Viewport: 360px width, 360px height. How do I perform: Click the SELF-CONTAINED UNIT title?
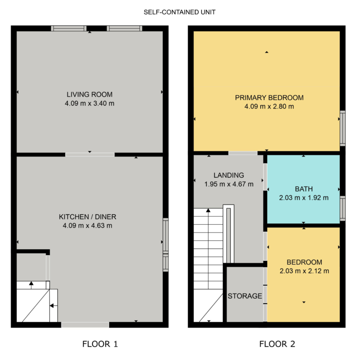pyautogui.click(x=180, y=12)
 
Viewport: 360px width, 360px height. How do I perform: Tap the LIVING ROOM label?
pyautogui.click(x=90, y=94)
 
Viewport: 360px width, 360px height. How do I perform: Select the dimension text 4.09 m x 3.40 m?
pyautogui.click(x=90, y=103)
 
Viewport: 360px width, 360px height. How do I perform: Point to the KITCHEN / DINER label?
pyautogui.click(x=88, y=217)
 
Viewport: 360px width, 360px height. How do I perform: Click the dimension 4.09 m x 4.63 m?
pyautogui.click(x=88, y=226)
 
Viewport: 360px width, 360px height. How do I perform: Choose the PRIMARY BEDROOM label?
pyautogui.click(x=270, y=97)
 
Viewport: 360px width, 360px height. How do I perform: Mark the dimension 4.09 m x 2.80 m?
pyautogui.click(x=269, y=107)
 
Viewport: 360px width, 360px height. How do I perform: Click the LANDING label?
pyautogui.click(x=228, y=175)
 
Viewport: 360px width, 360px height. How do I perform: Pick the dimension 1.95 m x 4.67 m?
pyautogui.click(x=229, y=184)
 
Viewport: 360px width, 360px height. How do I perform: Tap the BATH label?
pyautogui.click(x=304, y=189)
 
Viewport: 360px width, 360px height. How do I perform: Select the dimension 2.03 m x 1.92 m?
pyautogui.click(x=304, y=198)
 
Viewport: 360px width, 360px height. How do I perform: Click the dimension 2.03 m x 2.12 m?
pyautogui.click(x=304, y=271)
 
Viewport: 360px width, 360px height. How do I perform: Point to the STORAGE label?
pyautogui.click(x=245, y=296)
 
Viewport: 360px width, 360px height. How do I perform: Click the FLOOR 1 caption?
pyautogui.click(x=100, y=344)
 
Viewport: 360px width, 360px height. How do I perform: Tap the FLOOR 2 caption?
pyautogui.click(x=277, y=344)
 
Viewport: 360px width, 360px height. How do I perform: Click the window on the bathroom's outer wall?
pyautogui.click(x=342, y=208)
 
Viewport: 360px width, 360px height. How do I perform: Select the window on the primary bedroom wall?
pyautogui.click(x=342, y=128)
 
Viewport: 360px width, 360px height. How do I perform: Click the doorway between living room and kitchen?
pyautogui.click(x=90, y=155)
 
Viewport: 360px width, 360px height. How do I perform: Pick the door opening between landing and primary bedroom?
pyautogui.click(x=243, y=153)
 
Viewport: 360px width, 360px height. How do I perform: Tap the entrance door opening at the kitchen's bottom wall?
pyautogui.click(x=85, y=325)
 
